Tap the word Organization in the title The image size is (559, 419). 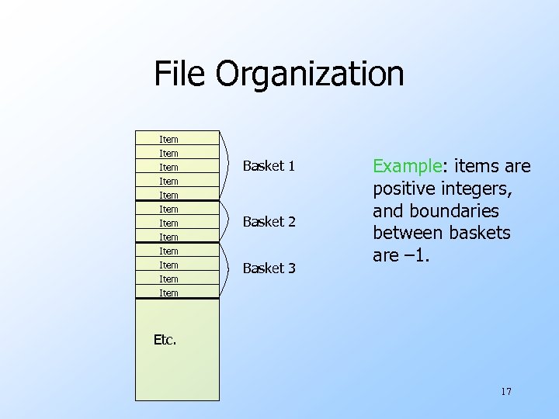pos(310,75)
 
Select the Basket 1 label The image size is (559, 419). pos(269,166)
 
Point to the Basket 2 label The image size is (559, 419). pos(269,222)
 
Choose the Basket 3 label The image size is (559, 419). pos(269,268)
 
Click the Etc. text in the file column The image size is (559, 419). pos(165,339)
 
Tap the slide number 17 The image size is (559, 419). pos(505,391)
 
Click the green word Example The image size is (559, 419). pos(406,166)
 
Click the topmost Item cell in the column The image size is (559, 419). pos(168,140)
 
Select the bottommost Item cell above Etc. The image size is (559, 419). pos(168,293)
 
